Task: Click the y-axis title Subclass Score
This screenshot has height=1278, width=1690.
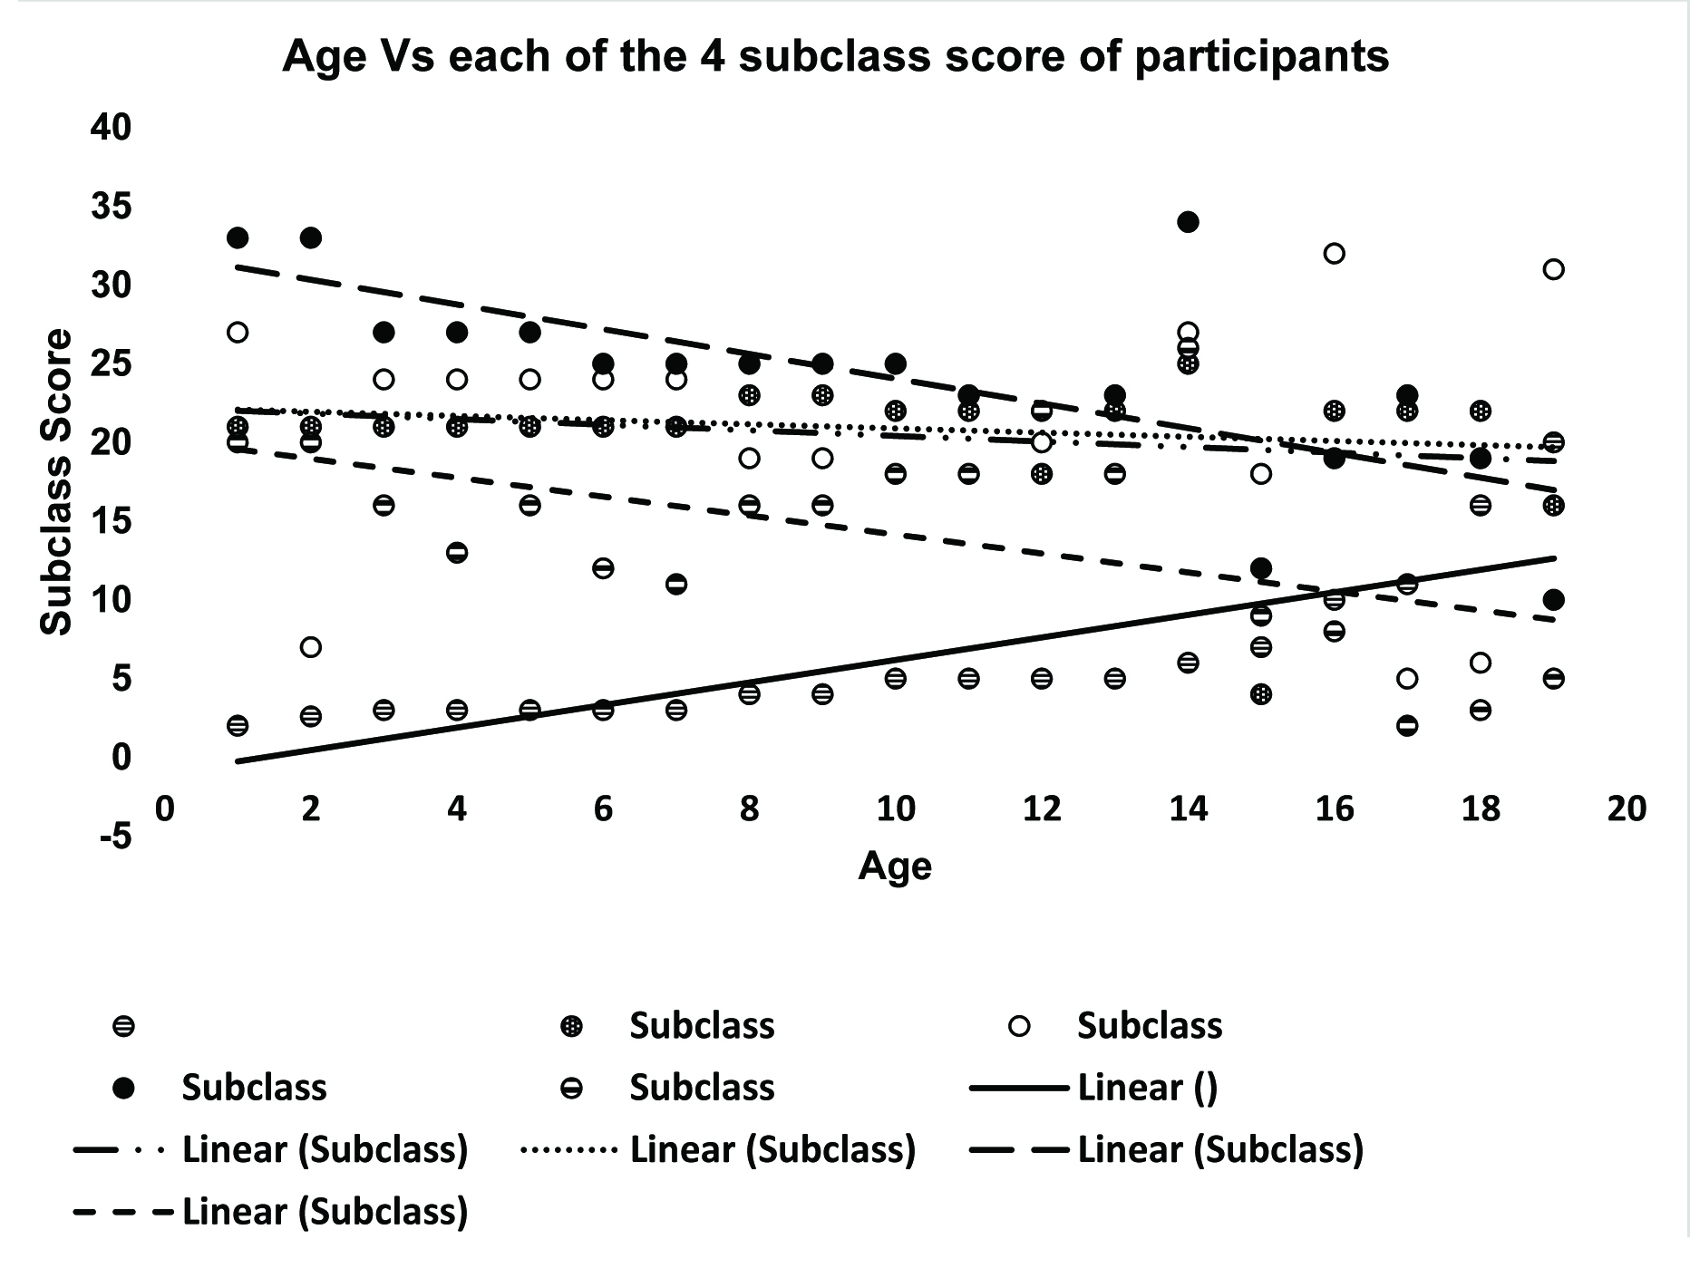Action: point(56,481)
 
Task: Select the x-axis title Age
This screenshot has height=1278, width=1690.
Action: point(894,867)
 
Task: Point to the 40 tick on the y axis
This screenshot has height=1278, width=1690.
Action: point(111,127)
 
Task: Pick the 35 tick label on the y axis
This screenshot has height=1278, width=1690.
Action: point(111,207)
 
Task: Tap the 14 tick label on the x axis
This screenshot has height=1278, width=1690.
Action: point(1188,808)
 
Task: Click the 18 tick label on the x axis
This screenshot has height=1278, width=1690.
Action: point(1481,808)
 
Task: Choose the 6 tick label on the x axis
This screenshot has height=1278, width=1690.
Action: point(603,808)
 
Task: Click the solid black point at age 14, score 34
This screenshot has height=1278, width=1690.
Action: point(1188,222)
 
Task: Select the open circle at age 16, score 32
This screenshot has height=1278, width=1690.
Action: point(1334,254)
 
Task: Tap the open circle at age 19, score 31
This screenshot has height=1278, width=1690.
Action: point(1553,269)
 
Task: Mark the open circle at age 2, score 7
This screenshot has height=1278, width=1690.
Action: point(310,647)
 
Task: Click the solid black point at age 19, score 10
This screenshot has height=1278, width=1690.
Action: point(1553,600)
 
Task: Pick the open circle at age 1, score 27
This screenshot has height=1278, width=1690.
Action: point(238,333)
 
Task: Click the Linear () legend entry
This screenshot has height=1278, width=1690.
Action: point(1147,1088)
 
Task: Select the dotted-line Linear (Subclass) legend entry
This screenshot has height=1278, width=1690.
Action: point(772,1149)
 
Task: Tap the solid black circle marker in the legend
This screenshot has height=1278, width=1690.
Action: point(122,1088)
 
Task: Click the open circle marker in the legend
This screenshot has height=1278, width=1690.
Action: point(1020,1026)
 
